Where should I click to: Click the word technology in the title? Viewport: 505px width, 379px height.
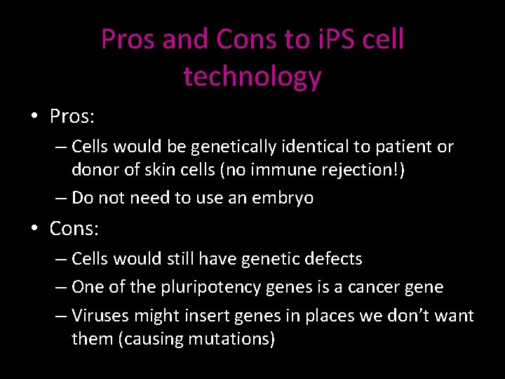[x=252, y=76]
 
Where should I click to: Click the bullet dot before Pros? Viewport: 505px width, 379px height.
[x=35, y=116]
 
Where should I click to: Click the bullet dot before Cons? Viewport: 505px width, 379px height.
[x=35, y=228]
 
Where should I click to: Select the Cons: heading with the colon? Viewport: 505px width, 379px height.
[x=75, y=228]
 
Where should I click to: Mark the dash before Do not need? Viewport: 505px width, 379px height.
[x=61, y=198]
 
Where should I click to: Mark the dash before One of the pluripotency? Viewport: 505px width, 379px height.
[x=61, y=287]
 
